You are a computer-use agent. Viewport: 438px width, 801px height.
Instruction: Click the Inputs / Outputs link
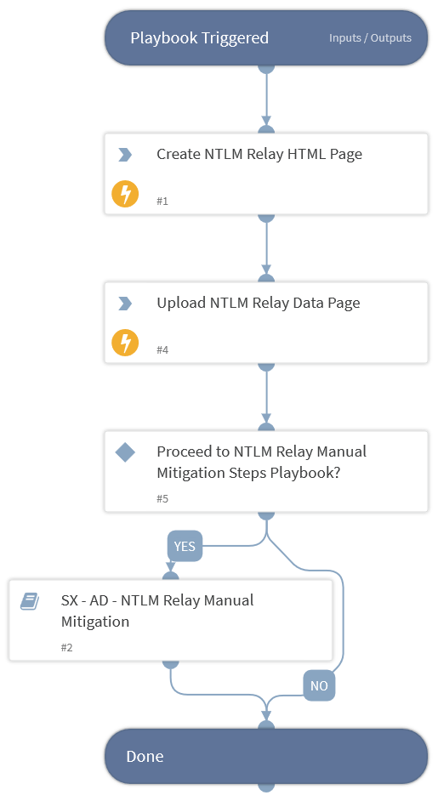tap(370, 38)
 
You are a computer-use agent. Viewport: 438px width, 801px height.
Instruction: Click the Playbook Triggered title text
tap(199, 38)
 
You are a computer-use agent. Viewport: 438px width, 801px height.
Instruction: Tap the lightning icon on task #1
tap(125, 194)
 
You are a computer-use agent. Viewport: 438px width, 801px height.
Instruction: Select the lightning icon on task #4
tap(125, 343)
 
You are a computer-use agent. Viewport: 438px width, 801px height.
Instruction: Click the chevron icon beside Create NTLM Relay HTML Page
tap(125, 154)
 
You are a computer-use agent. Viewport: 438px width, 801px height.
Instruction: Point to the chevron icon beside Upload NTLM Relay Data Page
tap(125, 304)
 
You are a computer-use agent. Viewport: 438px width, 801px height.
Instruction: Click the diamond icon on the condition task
tap(125, 452)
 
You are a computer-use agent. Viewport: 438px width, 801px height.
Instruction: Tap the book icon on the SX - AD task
tap(30, 601)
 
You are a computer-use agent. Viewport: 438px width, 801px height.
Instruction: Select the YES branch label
tap(185, 547)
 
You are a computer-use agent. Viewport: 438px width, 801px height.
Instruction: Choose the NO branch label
tap(319, 685)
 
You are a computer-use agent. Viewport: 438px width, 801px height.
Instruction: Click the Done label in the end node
tap(145, 757)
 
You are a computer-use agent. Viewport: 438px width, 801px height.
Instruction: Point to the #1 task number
tap(162, 202)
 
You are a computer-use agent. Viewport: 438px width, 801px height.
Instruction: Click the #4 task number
tap(162, 350)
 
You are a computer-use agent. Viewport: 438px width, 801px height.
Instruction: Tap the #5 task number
tap(162, 498)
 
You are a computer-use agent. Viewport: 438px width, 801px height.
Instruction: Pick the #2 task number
tap(67, 648)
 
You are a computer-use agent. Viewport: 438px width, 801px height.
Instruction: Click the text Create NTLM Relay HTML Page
tap(259, 154)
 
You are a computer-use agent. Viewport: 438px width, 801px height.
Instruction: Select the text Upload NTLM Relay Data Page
tap(259, 304)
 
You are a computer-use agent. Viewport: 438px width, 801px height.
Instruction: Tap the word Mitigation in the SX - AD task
tap(95, 622)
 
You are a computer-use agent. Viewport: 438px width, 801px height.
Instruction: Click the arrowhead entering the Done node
tap(266, 715)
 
